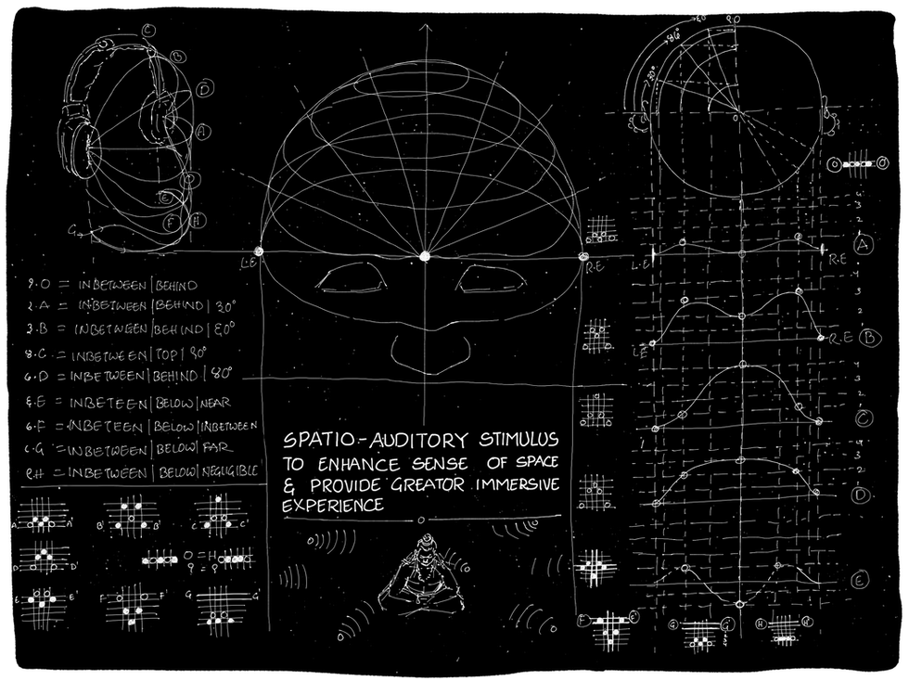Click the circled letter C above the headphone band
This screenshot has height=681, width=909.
tap(149, 30)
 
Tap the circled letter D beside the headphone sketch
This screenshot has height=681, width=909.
tap(206, 88)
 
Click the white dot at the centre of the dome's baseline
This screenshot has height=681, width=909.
tap(426, 256)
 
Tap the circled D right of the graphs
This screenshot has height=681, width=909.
tap(862, 494)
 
